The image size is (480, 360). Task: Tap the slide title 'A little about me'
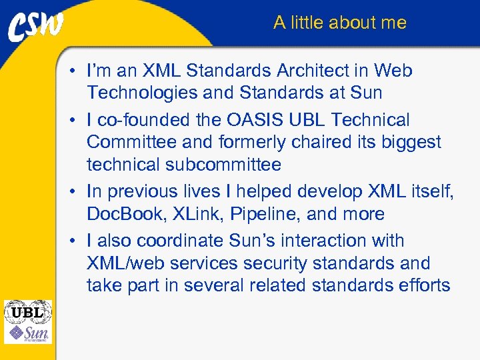coord(339,23)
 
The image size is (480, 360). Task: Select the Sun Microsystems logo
coord(28,333)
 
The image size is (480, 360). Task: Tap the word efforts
coord(424,285)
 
